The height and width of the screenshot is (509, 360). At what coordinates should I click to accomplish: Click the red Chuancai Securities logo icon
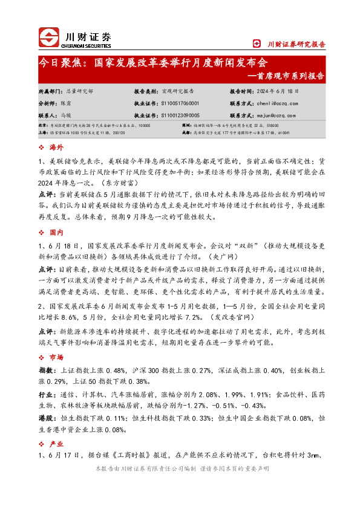[x=50, y=38]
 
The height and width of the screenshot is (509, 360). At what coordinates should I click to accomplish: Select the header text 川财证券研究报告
[x=296, y=44]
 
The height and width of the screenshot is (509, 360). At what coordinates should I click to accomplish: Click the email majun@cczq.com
[x=267, y=114]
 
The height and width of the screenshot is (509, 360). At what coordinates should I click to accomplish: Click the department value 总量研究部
[x=80, y=91]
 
